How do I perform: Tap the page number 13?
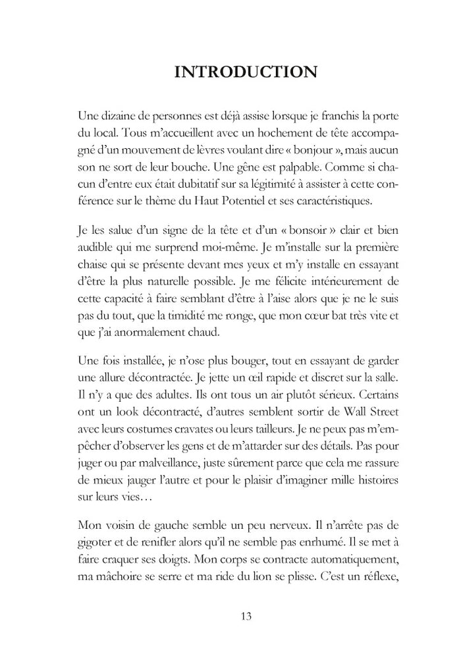click(x=246, y=616)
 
